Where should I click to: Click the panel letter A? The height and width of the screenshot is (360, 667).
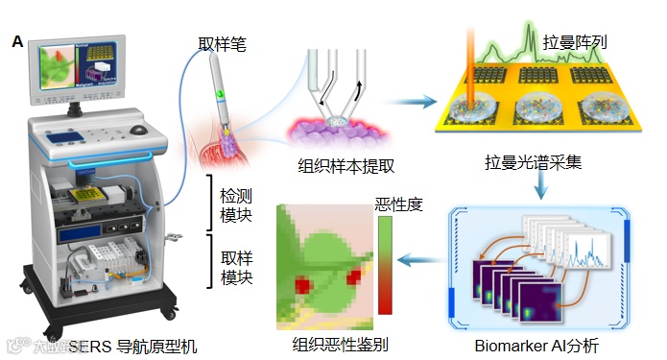click(x=16, y=42)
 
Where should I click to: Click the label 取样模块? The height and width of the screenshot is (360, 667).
click(x=234, y=267)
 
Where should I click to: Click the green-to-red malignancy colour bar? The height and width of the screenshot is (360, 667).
click(x=386, y=264)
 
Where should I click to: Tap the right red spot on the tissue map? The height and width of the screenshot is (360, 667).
click(x=354, y=277)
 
